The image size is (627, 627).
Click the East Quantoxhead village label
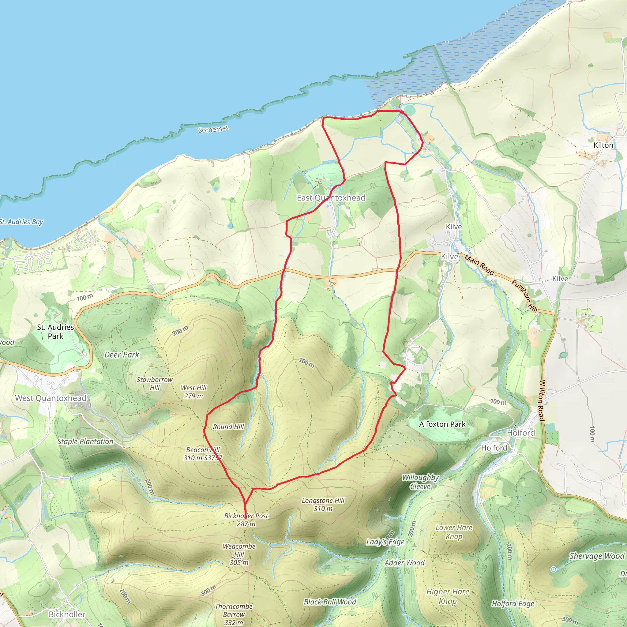pos(331,198)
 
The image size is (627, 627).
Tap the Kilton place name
pos(603,145)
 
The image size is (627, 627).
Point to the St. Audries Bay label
pos(21,222)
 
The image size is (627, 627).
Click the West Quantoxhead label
pos(51,398)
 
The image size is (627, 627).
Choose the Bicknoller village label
pos(67,614)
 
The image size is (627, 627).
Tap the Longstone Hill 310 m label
pos(323,505)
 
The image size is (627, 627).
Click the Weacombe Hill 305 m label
pos(239,554)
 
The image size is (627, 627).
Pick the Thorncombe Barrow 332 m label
pos(234,614)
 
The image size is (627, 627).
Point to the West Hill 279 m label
pos(193,392)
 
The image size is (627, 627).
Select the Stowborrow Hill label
pos(155,383)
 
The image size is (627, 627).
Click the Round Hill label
pos(228,427)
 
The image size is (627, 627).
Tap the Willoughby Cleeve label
pos(420,482)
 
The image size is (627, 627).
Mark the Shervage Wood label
pos(597,556)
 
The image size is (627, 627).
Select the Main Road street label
pos(479,265)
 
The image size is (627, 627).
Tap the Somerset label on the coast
pos(214,129)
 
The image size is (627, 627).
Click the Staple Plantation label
pos(85,441)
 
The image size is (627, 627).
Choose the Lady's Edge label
pos(385,542)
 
